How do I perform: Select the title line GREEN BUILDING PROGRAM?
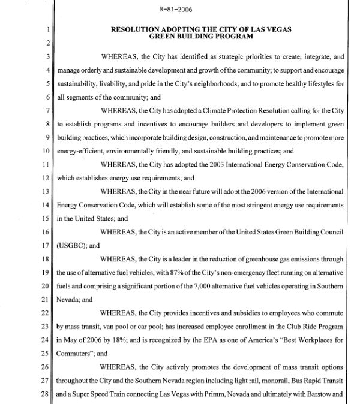[x=200, y=35]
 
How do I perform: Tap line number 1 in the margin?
[x=46, y=28]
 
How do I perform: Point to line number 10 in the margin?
[x=45, y=152]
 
